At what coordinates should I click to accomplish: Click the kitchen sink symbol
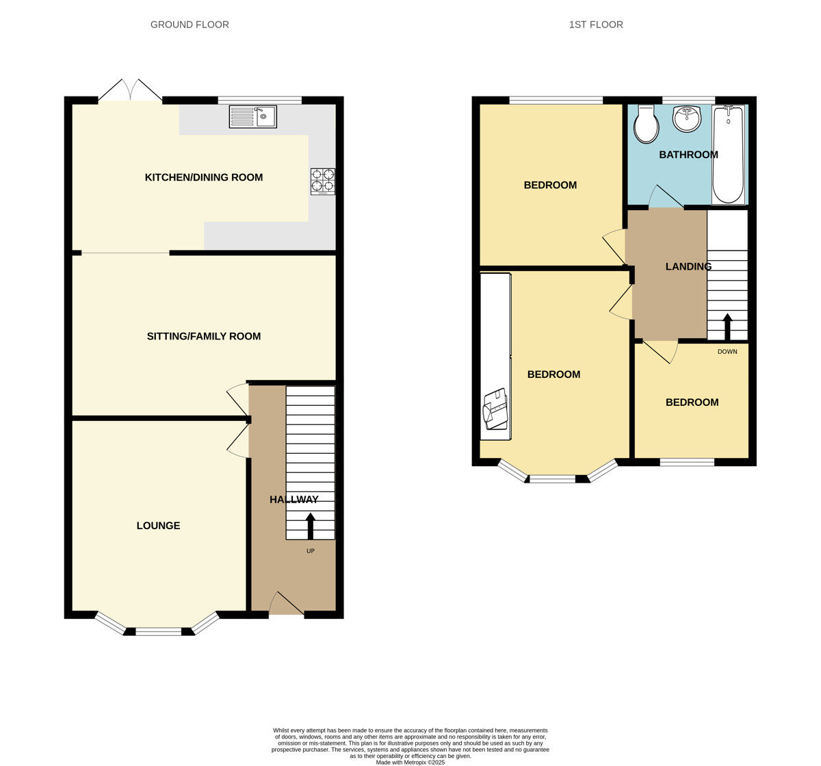tap(253, 116)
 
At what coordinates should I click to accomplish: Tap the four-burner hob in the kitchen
tap(323, 181)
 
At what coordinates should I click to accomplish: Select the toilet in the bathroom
tap(646, 125)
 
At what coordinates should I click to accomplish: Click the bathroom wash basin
tap(687, 120)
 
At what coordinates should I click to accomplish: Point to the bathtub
tap(729, 155)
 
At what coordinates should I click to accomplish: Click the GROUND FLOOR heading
tap(190, 25)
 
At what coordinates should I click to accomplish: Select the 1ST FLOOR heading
tap(596, 25)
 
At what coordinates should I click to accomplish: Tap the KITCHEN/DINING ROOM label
tap(204, 177)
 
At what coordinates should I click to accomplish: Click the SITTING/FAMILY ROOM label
tap(204, 336)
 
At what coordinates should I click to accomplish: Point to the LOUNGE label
tap(158, 526)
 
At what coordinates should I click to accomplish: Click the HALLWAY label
tap(294, 500)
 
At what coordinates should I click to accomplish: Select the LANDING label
tap(688, 266)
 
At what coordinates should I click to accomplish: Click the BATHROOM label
tap(688, 155)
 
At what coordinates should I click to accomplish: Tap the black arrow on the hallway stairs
tap(311, 526)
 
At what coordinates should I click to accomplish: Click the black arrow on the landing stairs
tap(727, 327)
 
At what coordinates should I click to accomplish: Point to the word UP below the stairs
tap(311, 550)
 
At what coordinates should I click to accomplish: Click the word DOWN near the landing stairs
tap(727, 352)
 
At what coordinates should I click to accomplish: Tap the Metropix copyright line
tap(410, 762)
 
